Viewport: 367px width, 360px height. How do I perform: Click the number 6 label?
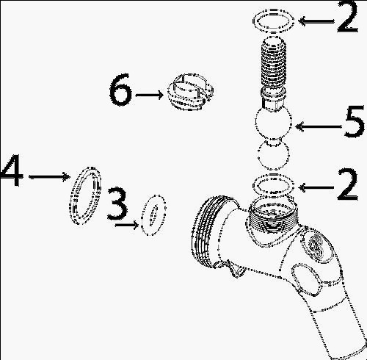120,90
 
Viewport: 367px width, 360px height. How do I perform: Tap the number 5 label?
355,121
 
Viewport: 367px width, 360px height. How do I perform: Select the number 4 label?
12,170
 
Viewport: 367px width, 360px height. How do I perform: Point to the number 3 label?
117,203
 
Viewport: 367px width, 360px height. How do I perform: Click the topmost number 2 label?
348,16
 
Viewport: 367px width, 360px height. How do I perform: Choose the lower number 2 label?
348,184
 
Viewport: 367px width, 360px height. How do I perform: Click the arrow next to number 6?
150,95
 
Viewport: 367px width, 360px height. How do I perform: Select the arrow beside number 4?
50,176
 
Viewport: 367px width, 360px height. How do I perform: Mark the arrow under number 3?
127,225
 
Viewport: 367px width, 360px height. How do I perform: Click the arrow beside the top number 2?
316,21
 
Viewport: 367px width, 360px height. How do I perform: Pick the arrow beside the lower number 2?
316,187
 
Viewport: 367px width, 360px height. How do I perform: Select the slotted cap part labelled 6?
190,92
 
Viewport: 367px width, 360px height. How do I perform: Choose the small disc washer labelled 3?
153,215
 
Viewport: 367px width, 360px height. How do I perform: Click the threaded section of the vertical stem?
273,62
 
